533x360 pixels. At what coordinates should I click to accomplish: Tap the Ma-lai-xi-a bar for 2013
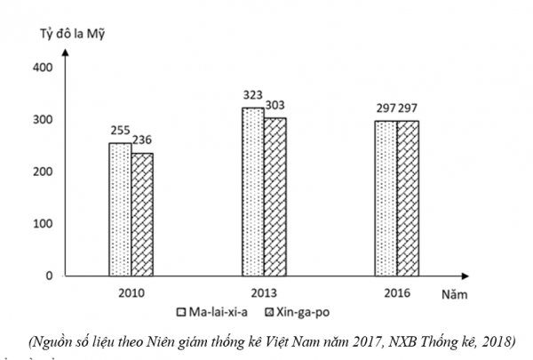[x=253, y=192]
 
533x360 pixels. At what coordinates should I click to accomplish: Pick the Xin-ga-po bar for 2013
[x=274, y=197]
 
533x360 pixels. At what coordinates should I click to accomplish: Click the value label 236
[x=142, y=140]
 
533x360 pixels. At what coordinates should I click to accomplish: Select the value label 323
[x=253, y=94]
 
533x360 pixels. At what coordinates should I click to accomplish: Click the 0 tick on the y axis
[x=51, y=276]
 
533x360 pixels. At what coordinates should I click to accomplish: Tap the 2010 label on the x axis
[x=131, y=292]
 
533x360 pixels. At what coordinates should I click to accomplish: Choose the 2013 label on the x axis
[x=264, y=292]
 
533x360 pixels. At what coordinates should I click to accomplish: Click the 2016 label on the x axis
[x=397, y=292]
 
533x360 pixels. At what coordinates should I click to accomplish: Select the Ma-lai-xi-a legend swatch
[x=180, y=312]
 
